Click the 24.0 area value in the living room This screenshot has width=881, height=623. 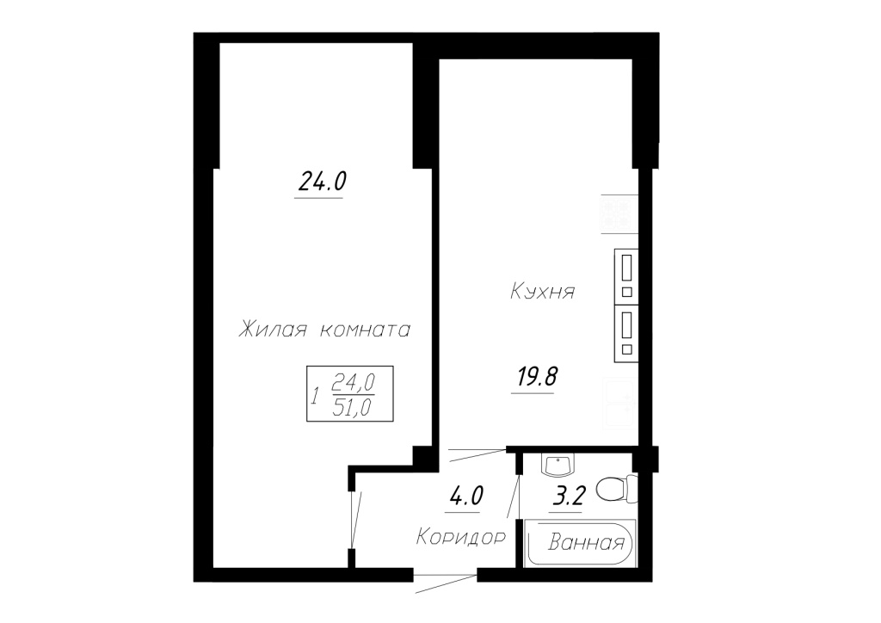point(322,182)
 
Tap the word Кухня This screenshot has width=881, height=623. point(543,292)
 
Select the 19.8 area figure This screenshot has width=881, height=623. point(537,376)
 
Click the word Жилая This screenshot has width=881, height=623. point(273,330)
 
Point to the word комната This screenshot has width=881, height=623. point(365,330)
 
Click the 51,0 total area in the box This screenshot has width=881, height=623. point(352,407)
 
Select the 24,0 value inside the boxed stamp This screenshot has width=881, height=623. point(354,383)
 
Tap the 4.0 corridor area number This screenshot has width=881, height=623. point(466,496)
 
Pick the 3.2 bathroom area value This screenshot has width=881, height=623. point(570,497)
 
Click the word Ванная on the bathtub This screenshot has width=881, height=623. point(586,543)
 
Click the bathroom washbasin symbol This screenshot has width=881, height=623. point(557,464)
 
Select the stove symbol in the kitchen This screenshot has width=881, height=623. point(619,213)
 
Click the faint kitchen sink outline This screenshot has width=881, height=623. point(620,402)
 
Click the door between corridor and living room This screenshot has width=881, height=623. point(354,519)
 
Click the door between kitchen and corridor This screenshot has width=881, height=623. point(477,454)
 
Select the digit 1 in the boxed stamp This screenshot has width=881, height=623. point(315,396)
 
